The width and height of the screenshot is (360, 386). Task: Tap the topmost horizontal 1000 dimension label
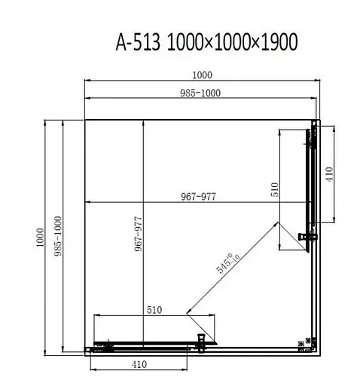[x=201, y=74]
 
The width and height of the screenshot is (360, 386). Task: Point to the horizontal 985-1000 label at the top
[x=201, y=93]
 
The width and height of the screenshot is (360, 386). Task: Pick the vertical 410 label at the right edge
[x=328, y=178]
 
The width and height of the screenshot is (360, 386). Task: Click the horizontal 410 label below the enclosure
[x=137, y=364]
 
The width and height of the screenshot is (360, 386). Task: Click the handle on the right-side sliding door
[x=306, y=236]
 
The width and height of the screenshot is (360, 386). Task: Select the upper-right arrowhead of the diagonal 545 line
[x=276, y=225]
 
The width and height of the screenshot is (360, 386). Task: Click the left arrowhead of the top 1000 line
[x=86, y=80]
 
